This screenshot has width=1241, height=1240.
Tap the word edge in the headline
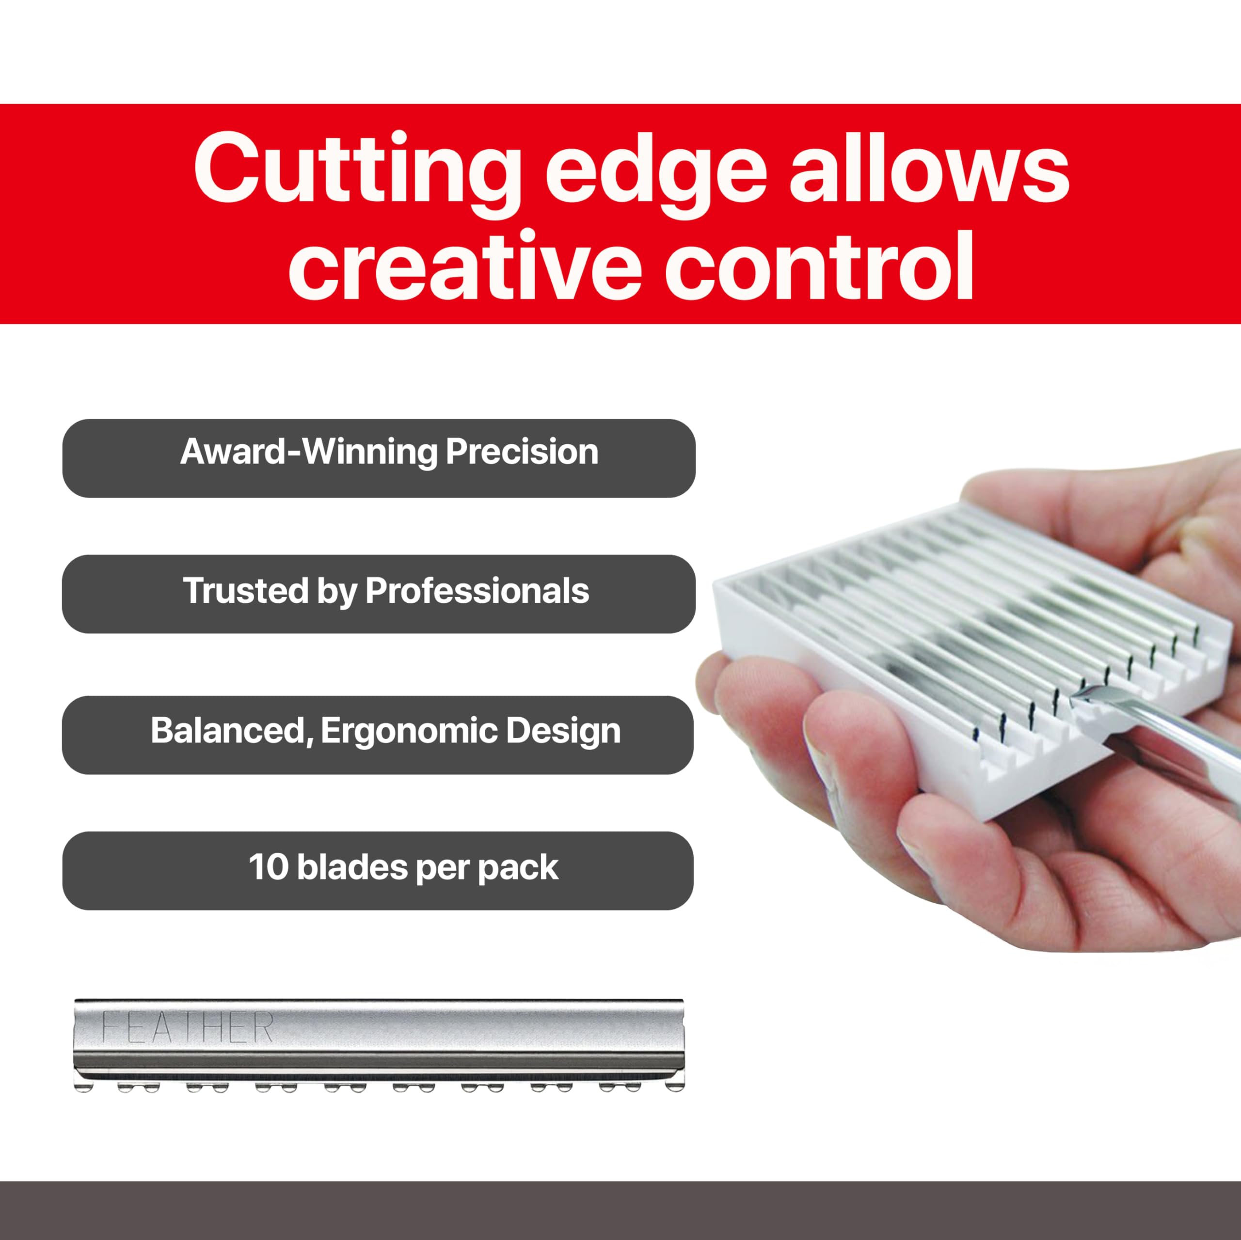655,168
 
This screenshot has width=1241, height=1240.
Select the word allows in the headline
929,168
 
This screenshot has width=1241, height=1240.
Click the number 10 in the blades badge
269,867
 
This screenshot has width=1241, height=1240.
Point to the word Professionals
477,591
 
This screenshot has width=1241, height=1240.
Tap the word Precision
522,452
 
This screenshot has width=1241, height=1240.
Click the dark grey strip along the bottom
620,1210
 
